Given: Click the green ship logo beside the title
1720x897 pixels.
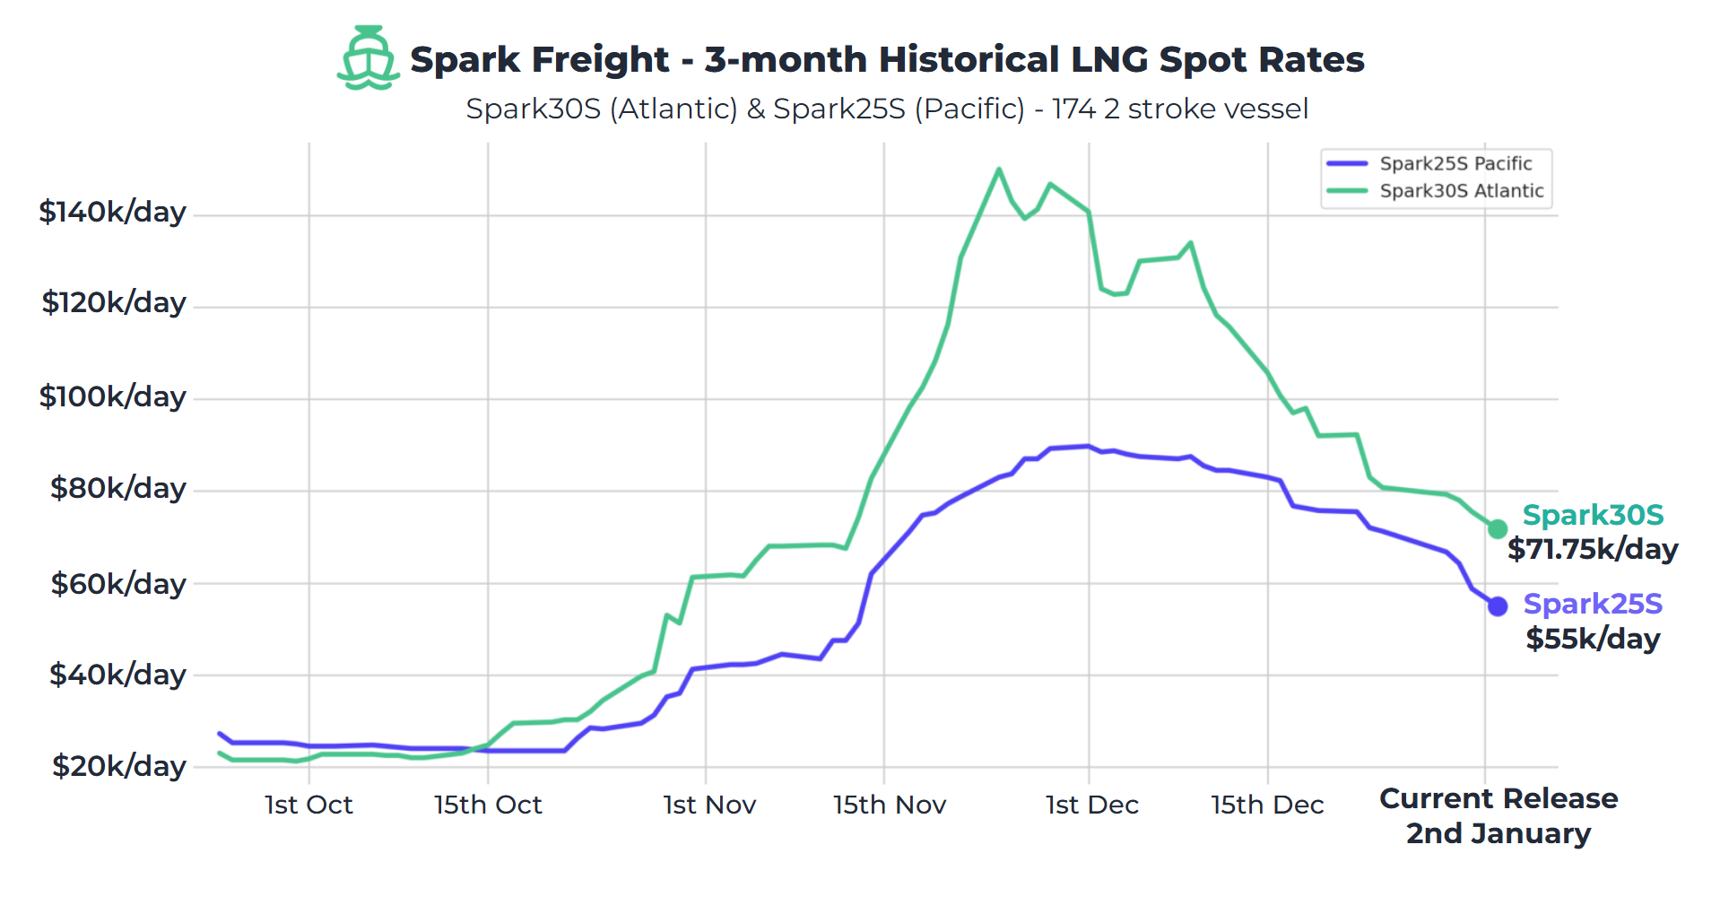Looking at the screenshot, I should pos(368,58).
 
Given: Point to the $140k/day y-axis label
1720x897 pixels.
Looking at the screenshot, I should pos(112,213).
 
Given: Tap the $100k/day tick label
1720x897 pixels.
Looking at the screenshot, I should pos(112,396).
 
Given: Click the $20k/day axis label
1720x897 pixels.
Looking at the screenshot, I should pos(118,766).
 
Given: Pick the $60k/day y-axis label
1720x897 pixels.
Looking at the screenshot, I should pos(117,584).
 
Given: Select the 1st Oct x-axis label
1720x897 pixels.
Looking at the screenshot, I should pos(308,805).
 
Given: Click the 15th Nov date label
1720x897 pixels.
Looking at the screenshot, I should pos(889,805).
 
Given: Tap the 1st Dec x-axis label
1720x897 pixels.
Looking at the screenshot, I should pos(1091,805).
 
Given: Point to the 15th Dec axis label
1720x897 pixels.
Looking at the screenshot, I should pos(1266,805).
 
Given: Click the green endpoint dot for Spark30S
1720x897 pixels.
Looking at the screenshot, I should pos(1497,529).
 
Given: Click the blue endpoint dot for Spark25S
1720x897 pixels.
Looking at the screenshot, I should pos(1497,606).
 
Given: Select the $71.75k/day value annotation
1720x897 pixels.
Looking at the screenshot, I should pos(1592,549).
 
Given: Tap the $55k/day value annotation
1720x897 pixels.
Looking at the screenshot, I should pos(1593,639).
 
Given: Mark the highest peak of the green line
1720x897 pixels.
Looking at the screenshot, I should pos(998,169).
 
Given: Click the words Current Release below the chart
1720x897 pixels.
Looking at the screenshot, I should pos(1498,798).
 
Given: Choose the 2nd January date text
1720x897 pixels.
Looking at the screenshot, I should pos(1498,833).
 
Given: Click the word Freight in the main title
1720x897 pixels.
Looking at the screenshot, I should pos(601,60).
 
